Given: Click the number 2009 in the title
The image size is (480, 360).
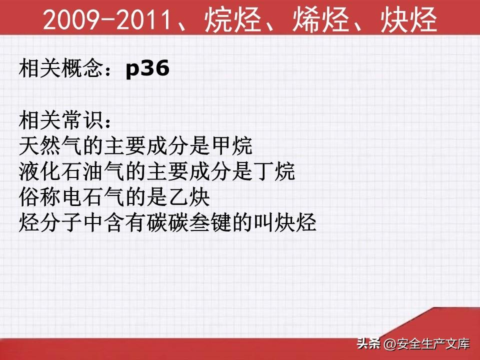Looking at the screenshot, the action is pos(71,19).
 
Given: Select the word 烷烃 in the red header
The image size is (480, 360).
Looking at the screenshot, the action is pos(232,19).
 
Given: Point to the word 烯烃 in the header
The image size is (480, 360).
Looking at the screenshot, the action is pos(321,19).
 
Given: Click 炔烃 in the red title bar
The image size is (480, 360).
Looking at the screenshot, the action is pos(409,19).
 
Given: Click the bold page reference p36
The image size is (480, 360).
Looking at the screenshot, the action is pos(147,68).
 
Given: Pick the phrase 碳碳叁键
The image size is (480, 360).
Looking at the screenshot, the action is pos(189,223).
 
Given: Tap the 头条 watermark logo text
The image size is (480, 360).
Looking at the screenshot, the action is pos(368,343).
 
